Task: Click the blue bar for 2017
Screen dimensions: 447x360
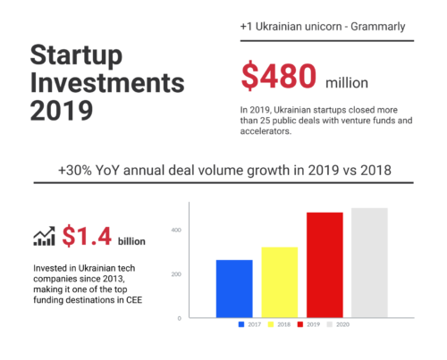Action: pos(234,289)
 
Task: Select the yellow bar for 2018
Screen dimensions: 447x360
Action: pos(280,282)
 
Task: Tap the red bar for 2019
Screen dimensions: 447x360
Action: pos(325,265)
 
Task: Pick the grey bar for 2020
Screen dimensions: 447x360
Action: pos(369,263)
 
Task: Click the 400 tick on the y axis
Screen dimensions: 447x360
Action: pos(176,230)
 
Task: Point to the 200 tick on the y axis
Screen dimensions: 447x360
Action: pos(176,274)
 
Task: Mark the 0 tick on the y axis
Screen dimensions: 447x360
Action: pos(179,318)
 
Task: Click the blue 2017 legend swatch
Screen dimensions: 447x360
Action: pos(241,324)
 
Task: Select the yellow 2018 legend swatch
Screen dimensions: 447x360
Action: pos(271,324)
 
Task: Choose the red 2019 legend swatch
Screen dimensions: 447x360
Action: pos(300,324)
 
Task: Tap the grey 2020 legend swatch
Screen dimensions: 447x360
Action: pos(330,324)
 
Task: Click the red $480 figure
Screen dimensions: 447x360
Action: pos(279,76)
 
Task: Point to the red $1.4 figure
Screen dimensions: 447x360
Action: pos(87,236)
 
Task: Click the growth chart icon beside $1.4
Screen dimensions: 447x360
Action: pos(44,236)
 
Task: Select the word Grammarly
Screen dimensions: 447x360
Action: pos(378,27)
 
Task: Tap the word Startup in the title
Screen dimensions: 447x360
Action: pos(76,55)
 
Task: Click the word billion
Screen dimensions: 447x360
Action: pos(131,241)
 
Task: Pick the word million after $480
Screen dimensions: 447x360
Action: pos(347,83)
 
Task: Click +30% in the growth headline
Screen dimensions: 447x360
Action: pos(75,171)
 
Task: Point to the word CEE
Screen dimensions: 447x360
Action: pos(134,300)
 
